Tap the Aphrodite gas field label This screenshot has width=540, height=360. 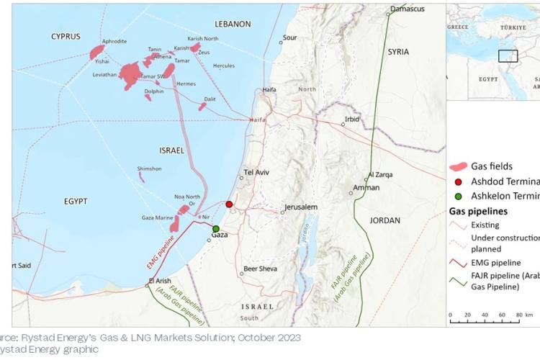(114, 42)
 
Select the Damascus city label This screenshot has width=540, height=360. (408, 9)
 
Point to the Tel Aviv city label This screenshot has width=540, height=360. (256, 172)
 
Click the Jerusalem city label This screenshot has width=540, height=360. (300, 207)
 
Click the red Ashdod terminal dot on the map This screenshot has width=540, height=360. (230, 204)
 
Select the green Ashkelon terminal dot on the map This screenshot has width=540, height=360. (216, 229)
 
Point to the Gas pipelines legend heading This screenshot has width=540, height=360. (479, 212)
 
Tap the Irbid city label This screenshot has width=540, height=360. (352, 119)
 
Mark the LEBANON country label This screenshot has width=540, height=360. (232, 24)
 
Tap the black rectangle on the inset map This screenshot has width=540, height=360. (508, 57)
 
